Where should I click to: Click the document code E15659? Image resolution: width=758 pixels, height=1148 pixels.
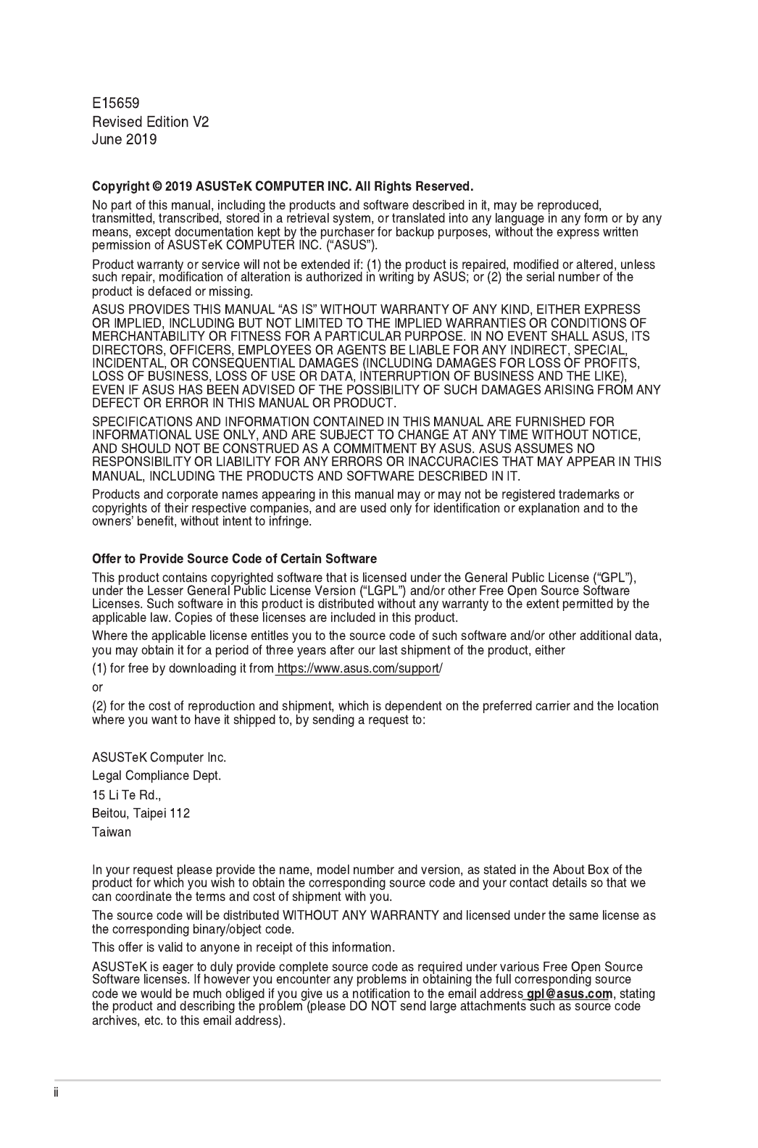tap(115, 104)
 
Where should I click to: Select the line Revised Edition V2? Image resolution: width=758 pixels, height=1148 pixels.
tap(150, 122)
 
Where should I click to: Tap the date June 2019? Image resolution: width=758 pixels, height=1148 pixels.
tap(124, 139)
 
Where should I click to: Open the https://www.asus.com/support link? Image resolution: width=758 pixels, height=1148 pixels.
tap(358, 668)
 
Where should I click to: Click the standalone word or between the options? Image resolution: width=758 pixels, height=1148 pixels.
tap(97, 687)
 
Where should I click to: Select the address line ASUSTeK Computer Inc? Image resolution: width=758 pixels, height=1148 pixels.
tap(159, 757)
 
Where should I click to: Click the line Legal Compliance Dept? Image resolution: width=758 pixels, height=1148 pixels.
tap(157, 775)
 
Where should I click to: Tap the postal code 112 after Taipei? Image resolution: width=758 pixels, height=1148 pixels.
tap(180, 813)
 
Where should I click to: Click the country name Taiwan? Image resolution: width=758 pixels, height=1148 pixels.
tap(112, 832)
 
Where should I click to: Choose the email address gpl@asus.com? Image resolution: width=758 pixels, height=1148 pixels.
tap(570, 993)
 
